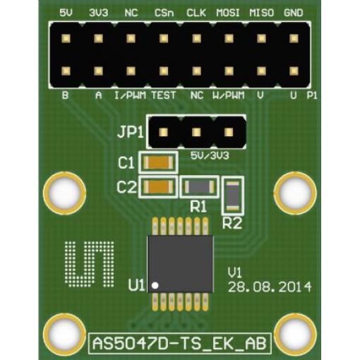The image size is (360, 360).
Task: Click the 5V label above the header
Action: [66, 13]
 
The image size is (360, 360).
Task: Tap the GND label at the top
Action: [293, 13]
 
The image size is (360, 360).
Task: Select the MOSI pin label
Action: [228, 13]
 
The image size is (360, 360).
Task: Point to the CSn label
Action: [164, 13]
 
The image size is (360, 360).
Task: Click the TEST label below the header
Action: [164, 95]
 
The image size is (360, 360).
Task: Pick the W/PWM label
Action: [229, 95]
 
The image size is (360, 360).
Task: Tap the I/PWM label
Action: [130, 95]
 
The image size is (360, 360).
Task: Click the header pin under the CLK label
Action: [196, 38]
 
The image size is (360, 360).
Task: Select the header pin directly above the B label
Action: [66, 71]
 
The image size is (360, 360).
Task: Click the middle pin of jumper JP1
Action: [196, 132]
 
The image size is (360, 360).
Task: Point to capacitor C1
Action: [158, 163]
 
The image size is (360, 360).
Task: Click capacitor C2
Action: [158, 187]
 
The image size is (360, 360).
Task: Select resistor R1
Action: [200, 187]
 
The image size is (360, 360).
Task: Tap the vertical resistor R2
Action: [233, 196]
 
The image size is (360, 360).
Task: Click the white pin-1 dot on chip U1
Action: [155, 285]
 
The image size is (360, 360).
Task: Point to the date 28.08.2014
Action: [270, 287]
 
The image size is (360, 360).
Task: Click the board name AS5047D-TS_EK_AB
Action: [180, 343]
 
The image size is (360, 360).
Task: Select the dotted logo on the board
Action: [90, 264]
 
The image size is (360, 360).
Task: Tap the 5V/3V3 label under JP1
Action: [210, 156]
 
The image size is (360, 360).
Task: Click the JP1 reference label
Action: [131, 133]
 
